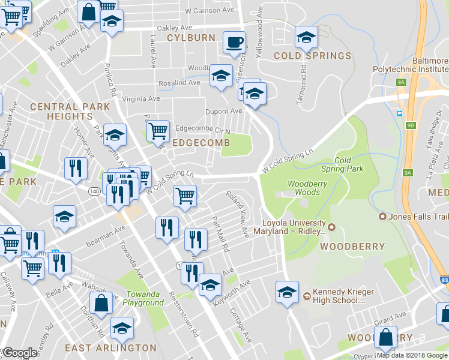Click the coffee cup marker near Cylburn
234,42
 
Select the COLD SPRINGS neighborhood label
312,56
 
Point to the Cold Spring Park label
349,164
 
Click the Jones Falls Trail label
414,216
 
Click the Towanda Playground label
144,298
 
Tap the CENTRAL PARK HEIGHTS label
70,111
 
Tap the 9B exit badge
411,125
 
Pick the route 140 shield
95,191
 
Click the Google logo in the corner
20,353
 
